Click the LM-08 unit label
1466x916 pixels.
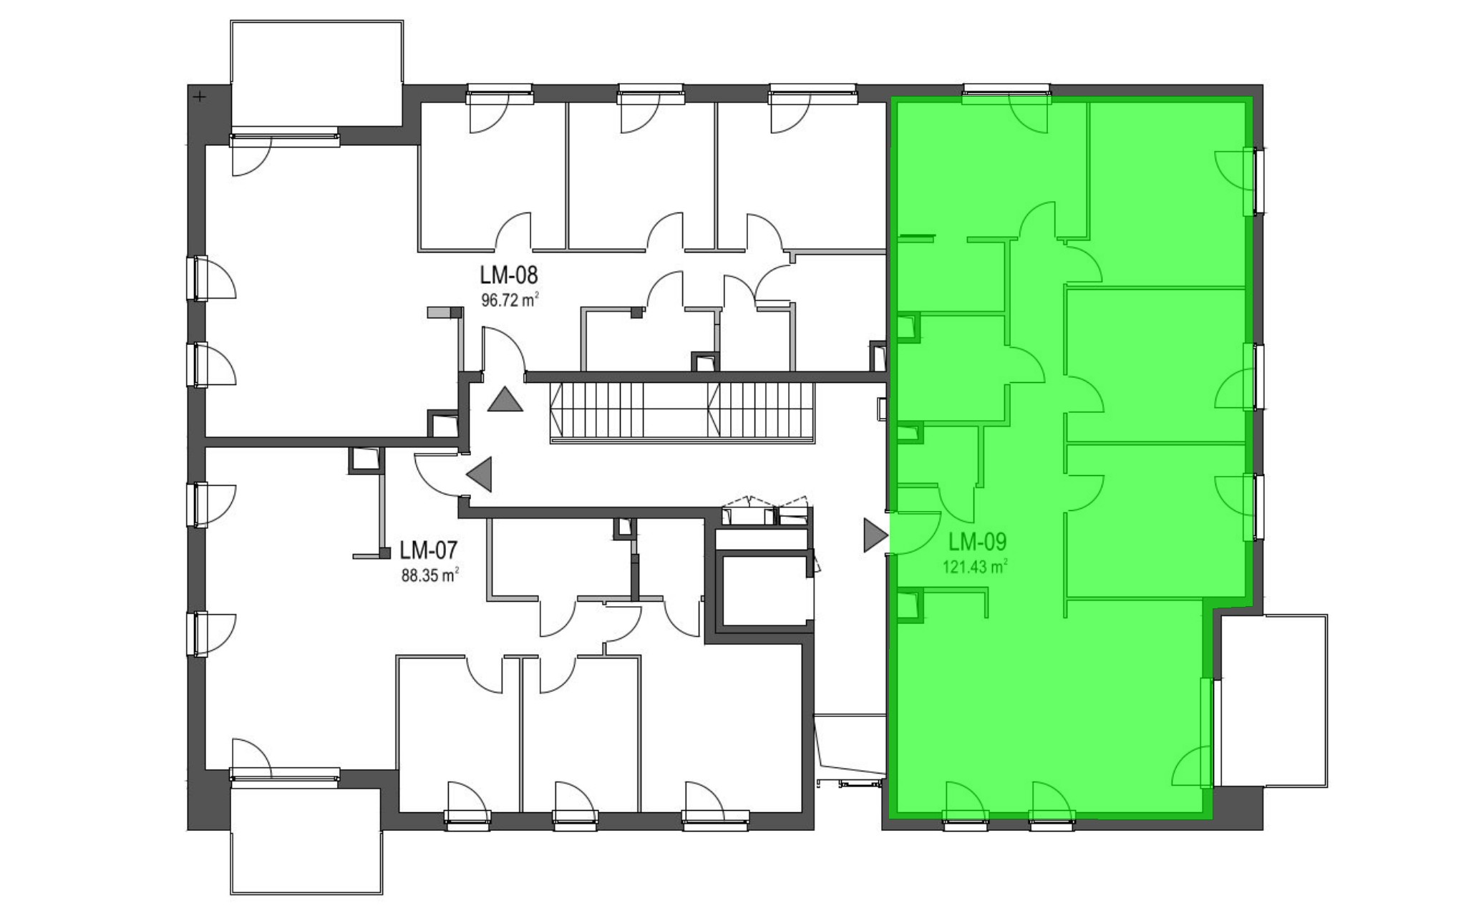(508, 275)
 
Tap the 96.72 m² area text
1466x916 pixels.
(510, 300)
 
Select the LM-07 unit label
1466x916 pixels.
(428, 550)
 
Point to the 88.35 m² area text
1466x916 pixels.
(429, 575)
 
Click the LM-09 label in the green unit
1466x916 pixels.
(977, 541)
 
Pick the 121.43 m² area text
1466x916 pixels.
(976, 567)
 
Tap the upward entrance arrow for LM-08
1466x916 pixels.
(505, 399)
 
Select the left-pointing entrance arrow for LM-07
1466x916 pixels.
(480, 474)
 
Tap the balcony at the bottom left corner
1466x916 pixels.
(306, 838)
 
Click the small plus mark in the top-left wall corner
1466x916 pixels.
(200, 97)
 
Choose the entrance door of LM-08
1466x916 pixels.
(504, 350)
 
